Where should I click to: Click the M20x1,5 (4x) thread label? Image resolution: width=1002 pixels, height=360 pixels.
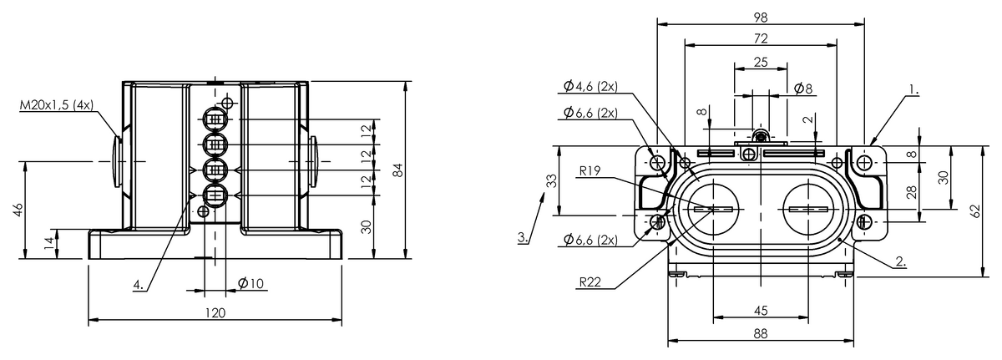(57, 105)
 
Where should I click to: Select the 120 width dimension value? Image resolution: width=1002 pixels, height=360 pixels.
(215, 313)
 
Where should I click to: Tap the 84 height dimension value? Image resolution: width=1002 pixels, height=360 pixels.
(397, 170)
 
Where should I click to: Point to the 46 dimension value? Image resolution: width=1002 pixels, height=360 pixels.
(18, 210)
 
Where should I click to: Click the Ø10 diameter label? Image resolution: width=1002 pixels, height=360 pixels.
(251, 283)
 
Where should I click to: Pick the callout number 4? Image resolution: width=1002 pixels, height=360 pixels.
(139, 285)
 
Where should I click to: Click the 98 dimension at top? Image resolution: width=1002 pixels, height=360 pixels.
(761, 18)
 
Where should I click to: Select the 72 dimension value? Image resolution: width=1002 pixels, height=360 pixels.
(761, 38)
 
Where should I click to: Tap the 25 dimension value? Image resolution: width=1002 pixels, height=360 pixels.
(761, 62)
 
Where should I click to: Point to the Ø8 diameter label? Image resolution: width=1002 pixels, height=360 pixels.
(803, 89)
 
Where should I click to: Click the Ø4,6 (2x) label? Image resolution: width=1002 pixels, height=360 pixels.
(590, 86)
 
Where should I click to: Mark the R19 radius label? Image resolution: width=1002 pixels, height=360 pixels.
(590, 170)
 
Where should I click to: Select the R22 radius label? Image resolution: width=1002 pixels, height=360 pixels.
(590, 281)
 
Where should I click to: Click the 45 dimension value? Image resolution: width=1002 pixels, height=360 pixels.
(761, 310)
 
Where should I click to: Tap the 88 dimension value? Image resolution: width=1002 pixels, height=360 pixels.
(761, 333)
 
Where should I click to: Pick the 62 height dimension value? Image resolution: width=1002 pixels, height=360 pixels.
(975, 211)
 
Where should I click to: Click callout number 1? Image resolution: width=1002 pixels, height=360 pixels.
(913, 90)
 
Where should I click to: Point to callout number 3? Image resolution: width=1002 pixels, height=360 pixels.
(523, 237)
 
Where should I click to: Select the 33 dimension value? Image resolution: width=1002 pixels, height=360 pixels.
(553, 180)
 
